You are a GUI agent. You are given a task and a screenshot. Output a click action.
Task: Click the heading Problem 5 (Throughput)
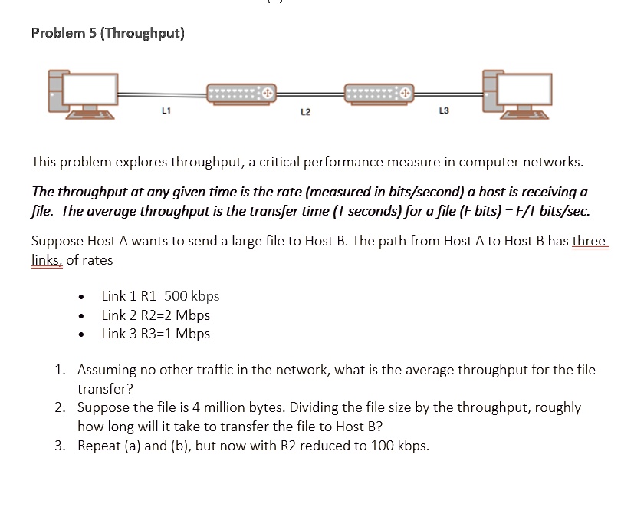(107, 33)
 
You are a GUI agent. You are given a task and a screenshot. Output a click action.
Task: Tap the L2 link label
(305, 113)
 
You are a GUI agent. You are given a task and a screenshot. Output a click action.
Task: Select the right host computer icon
(515, 94)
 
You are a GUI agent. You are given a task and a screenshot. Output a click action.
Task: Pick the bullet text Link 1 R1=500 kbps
(160, 296)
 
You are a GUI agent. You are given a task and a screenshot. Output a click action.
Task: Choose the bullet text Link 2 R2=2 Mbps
(156, 315)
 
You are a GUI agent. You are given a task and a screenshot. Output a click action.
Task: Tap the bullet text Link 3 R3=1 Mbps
(156, 334)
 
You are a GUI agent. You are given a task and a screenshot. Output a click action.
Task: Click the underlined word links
(47, 260)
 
